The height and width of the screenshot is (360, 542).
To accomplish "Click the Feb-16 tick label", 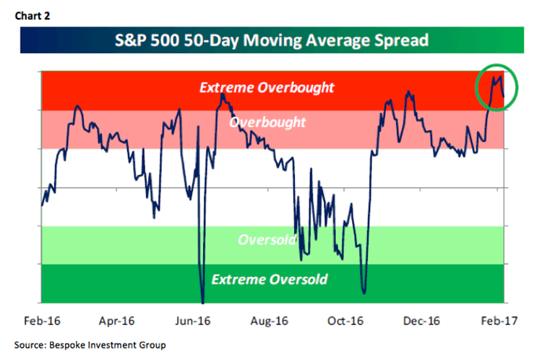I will pyautogui.click(x=41, y=320).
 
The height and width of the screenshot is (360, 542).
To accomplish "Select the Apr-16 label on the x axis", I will pyautogui.click(x=118, y=320).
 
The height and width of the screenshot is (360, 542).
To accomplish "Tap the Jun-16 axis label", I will pyautogui.click(x=194, y=320).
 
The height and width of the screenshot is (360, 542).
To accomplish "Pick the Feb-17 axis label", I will pyautogui.click(x=498, y=320).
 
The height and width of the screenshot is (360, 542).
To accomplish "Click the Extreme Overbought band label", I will pyautogui.click(x=267, y=88).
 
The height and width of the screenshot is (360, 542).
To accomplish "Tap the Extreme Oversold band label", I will pyautogui.click(x=270, y=279).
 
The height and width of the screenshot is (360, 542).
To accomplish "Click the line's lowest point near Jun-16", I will pyautogui.click(x=203, y=301).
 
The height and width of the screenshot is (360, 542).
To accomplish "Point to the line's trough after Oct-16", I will pyautogui.click(x=364, y=293).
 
